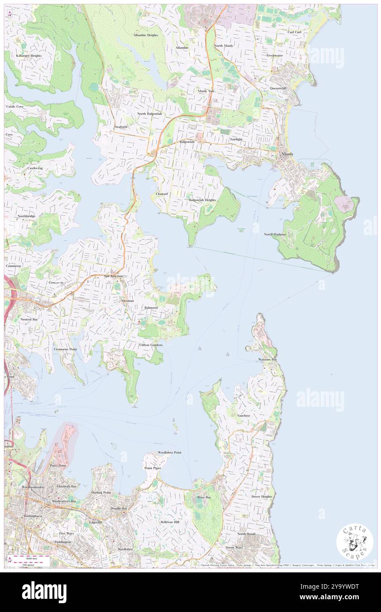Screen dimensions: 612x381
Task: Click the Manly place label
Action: click(x=288, y=154)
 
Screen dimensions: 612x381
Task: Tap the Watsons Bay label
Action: click(x=267, y=360)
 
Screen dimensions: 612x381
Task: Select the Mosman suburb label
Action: click(x=128, y=301)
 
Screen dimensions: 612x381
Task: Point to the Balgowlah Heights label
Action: click(x=202, y=200)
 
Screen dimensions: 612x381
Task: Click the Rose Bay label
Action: click(x=204, y=497)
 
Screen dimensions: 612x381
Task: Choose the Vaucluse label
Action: click(x=243, y=415)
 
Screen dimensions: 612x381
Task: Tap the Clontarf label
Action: click(x=162, y=194)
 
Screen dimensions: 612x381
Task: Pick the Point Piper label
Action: click(x=153, y=468)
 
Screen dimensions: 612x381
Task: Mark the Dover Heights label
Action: click(x=261, y=497)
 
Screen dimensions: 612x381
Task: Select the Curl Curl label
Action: click(x=294, y=32)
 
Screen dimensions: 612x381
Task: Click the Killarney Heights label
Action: click(x=29, y=56)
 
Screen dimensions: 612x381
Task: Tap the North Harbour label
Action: click(x=275, y=234)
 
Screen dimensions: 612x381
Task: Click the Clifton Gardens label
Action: click(x=151, y=345)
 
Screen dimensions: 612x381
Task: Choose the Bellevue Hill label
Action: click(x=170, y=522)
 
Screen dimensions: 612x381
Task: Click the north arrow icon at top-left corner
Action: click(x=10, y=14)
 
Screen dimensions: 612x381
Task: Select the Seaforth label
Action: click(x=121, y=127)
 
